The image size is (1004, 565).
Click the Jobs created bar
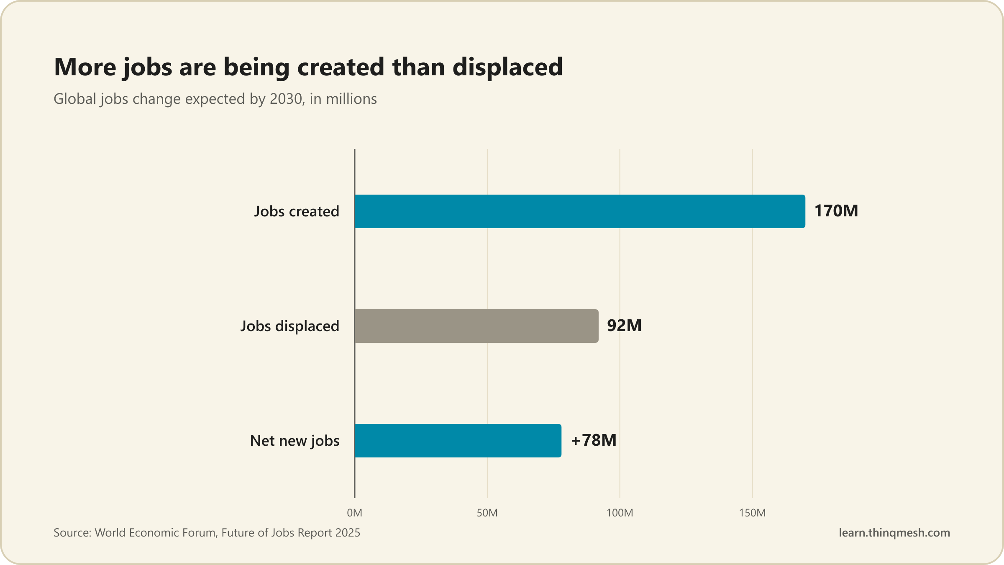[580, 211]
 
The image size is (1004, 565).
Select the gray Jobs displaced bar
[476, 326]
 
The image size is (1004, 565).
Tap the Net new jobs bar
[458, 441]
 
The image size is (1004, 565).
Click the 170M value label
[836, 211]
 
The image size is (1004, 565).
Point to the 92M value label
[624, 326]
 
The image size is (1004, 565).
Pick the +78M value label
[594, 440]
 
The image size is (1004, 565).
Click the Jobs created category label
[297, 212]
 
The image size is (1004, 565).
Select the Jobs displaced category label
[289, 326]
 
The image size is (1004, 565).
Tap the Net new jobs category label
[295, 441]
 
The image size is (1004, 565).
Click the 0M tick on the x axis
[355, 513]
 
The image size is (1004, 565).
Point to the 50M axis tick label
[487, 513]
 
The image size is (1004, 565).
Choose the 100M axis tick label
[620, 513]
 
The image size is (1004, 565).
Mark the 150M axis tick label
[752, 513]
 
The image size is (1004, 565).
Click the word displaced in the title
[507, 67]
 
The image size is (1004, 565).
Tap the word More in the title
[85, 67]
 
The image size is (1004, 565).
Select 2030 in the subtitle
[286, 99]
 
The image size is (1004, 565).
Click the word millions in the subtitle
[351, 99]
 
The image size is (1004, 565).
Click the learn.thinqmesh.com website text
[894, 533]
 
